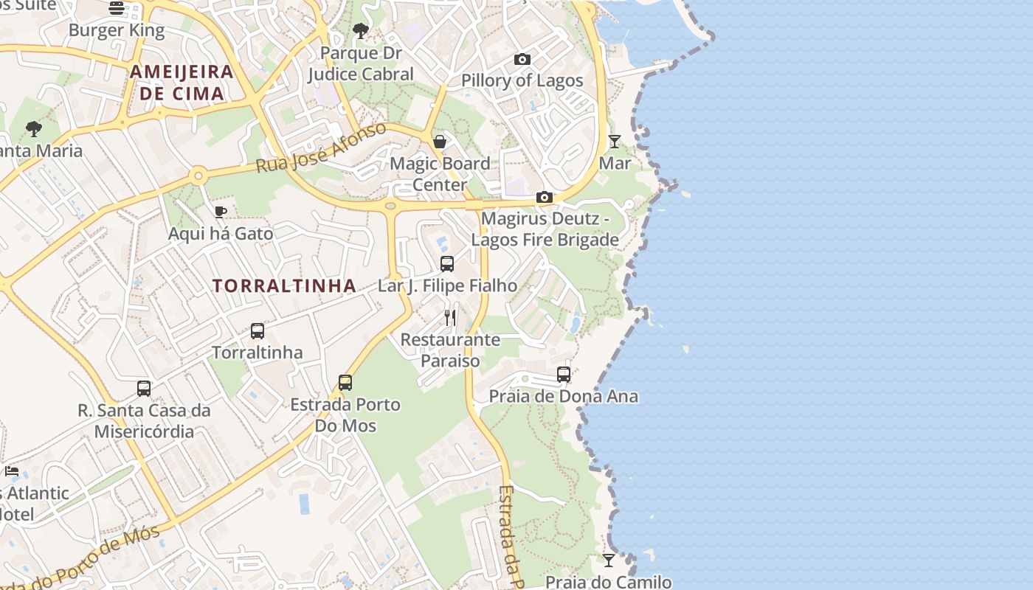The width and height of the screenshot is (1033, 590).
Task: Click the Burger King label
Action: point(117,30)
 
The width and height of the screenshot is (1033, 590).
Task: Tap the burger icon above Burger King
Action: point(117,8)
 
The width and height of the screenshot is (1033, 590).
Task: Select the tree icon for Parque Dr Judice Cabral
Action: point(361,31)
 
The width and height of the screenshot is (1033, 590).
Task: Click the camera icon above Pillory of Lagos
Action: point(522,59)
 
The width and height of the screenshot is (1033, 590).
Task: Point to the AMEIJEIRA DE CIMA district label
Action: point(182,83)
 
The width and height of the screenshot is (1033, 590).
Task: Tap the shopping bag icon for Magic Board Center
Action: point(440,142)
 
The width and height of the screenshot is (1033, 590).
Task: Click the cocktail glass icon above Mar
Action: point(615,141)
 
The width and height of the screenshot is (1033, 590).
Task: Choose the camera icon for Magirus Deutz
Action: point(545,197)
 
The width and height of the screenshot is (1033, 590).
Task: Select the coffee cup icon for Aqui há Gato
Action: point(220,212)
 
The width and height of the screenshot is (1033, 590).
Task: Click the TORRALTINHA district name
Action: point(285,286)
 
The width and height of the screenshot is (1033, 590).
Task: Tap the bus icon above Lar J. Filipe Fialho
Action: point(447,263)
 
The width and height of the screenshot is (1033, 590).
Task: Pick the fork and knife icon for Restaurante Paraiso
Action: point(450,318)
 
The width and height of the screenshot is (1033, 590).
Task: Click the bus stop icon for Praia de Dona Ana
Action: point(564,374)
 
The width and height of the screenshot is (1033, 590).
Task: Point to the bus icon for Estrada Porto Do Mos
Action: point(345,382)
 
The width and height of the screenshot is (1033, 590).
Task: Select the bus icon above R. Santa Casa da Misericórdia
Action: point(144,388)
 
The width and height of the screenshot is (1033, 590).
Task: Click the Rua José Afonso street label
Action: point(321,147)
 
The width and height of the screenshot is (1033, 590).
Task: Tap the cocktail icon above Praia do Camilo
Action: point(609,560)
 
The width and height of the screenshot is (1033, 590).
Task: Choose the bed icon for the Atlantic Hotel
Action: point(12,471)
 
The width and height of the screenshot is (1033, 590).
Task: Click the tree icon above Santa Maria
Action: point(33,129)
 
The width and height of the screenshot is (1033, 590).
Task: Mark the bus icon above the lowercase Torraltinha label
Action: point(258,330)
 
